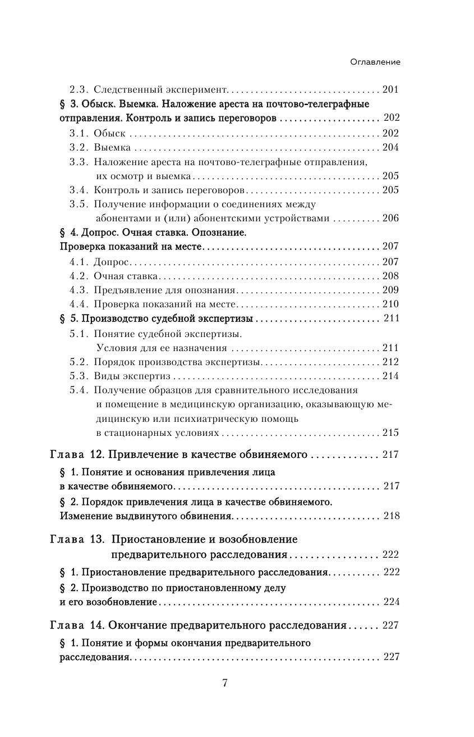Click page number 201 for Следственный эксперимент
[x=390, y=89]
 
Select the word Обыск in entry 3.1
[x=109, y=133]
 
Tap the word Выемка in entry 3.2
[x=112, y=148]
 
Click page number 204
[x=390, y=148]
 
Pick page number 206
[x=390, y=219]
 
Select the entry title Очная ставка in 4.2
[x=126, y=276]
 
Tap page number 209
[x=390, y=290]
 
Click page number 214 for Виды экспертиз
[x=390, y=376]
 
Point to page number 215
[x=390, y=433]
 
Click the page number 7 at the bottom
[x=225, y=683]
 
